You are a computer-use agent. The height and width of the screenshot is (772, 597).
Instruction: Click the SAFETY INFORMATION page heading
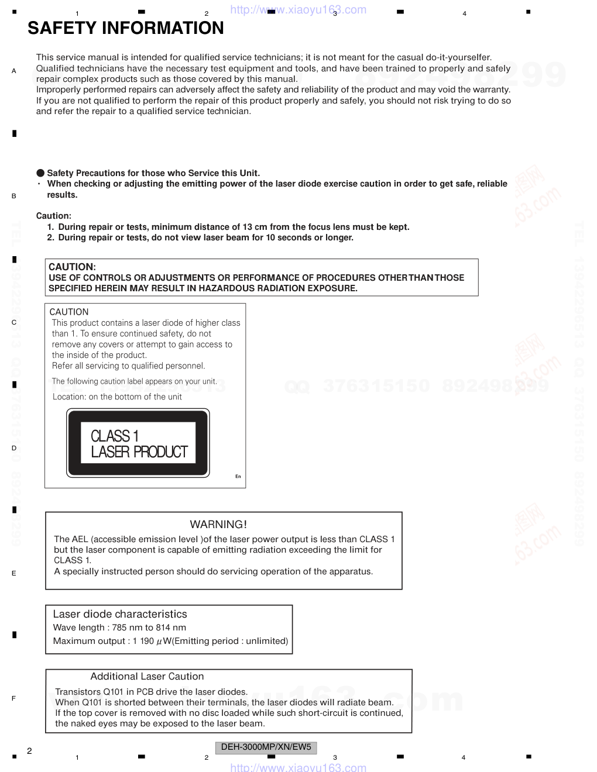coord(125,28)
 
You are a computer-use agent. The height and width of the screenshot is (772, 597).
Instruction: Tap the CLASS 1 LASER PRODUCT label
coord(139,444)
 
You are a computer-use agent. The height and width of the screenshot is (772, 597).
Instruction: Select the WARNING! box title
coord(218,525)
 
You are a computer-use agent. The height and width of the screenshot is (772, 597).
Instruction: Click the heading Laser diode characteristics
coord(120,614)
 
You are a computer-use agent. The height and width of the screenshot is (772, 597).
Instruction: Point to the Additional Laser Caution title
coord(147,676)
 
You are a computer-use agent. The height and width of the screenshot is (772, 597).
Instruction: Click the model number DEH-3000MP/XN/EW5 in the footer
coord(266,747)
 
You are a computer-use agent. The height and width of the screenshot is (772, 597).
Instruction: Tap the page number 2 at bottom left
coord(29,751)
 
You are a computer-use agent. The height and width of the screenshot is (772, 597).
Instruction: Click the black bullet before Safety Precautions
coord(40,173)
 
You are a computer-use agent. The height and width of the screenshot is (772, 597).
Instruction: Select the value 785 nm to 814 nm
coord(149,628)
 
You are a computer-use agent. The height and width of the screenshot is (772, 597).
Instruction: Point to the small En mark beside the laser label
coord(238,477)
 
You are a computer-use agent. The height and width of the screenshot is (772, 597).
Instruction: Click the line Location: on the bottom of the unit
coord(117,397)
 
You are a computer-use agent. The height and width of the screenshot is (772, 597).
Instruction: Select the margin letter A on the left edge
coord(14,71)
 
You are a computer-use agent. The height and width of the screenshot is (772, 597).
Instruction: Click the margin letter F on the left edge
coord(13,698)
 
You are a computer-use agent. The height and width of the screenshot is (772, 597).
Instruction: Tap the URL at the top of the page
coord(298,10)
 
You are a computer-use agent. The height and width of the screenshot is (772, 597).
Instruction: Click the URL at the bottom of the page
coord(298,767)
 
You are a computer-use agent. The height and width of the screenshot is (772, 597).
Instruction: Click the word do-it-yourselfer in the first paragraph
coord(459,57)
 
